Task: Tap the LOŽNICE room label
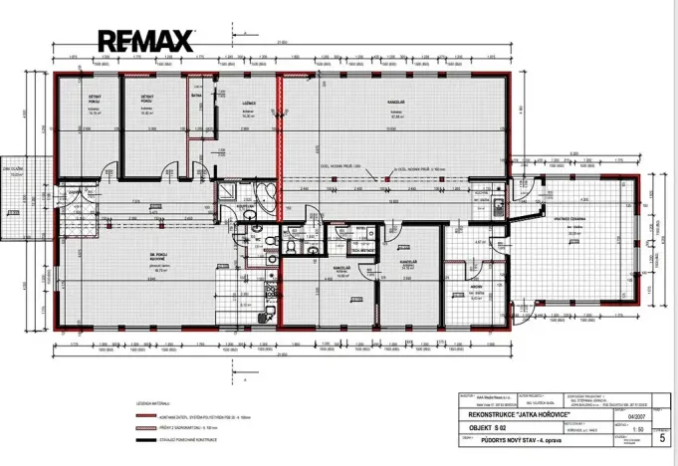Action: pos(250,104)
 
